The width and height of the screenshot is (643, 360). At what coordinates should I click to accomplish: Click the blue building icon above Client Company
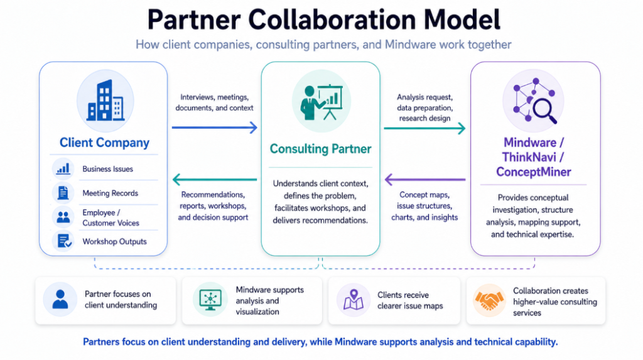105,101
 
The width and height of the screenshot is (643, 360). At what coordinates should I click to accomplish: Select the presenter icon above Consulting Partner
321,102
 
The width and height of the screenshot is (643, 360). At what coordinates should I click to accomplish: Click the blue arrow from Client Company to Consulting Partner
215,128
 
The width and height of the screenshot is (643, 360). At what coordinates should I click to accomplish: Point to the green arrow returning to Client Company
215,180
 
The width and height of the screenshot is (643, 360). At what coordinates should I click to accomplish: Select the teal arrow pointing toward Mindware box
424,129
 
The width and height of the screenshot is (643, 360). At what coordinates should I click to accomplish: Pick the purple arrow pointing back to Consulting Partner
425,180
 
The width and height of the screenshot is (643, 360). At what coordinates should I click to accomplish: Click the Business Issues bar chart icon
63,169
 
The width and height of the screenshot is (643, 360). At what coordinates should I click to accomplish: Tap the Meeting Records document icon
63,192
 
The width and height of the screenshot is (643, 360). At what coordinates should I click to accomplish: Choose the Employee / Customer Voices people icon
63,217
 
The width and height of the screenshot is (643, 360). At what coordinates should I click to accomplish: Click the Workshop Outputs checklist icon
64,241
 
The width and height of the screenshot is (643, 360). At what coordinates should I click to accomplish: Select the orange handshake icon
489,300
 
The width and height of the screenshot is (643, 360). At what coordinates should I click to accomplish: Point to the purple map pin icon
353,299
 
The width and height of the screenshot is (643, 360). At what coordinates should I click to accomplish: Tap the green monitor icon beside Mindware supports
210,300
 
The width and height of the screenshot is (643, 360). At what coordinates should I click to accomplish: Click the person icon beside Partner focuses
60,299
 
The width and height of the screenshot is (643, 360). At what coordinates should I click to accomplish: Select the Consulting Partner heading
321,149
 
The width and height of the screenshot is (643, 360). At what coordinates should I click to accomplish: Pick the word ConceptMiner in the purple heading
534,172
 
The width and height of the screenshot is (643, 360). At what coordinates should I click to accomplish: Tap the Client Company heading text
105,143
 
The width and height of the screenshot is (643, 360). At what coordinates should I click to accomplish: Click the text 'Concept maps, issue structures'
424,200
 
